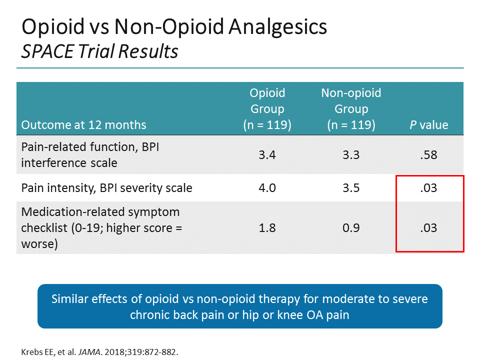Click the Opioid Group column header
pyautogui.click(x=267, y=108)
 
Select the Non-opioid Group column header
pyautogui.click(x=351, y=108)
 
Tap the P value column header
pyautogui.click(x=429, y=125)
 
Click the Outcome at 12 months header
pyautogui.click(x=83, y=125)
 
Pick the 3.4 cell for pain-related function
pyautogui.click(x=267, y=154)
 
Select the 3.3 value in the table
pyautogui.click(x=351, y=154)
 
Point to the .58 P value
pyautogui.click(x=429, y=154)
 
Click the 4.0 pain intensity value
pyautogui.click(x=267, y=188)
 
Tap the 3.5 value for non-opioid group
pyautogui.click(x=351, y=188)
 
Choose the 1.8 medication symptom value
pyautogui.click(x=267, y=228)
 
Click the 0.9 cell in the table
pyautogui.click(x=351, y=228)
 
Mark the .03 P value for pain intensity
pyautogui.click(x=429, y=188)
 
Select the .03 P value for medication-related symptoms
pyautogui.click(x=429, y=228)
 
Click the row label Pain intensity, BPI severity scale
pyautogui.click(x=106, y=188)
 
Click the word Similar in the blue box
pyautogui.click(x=69, y=299)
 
